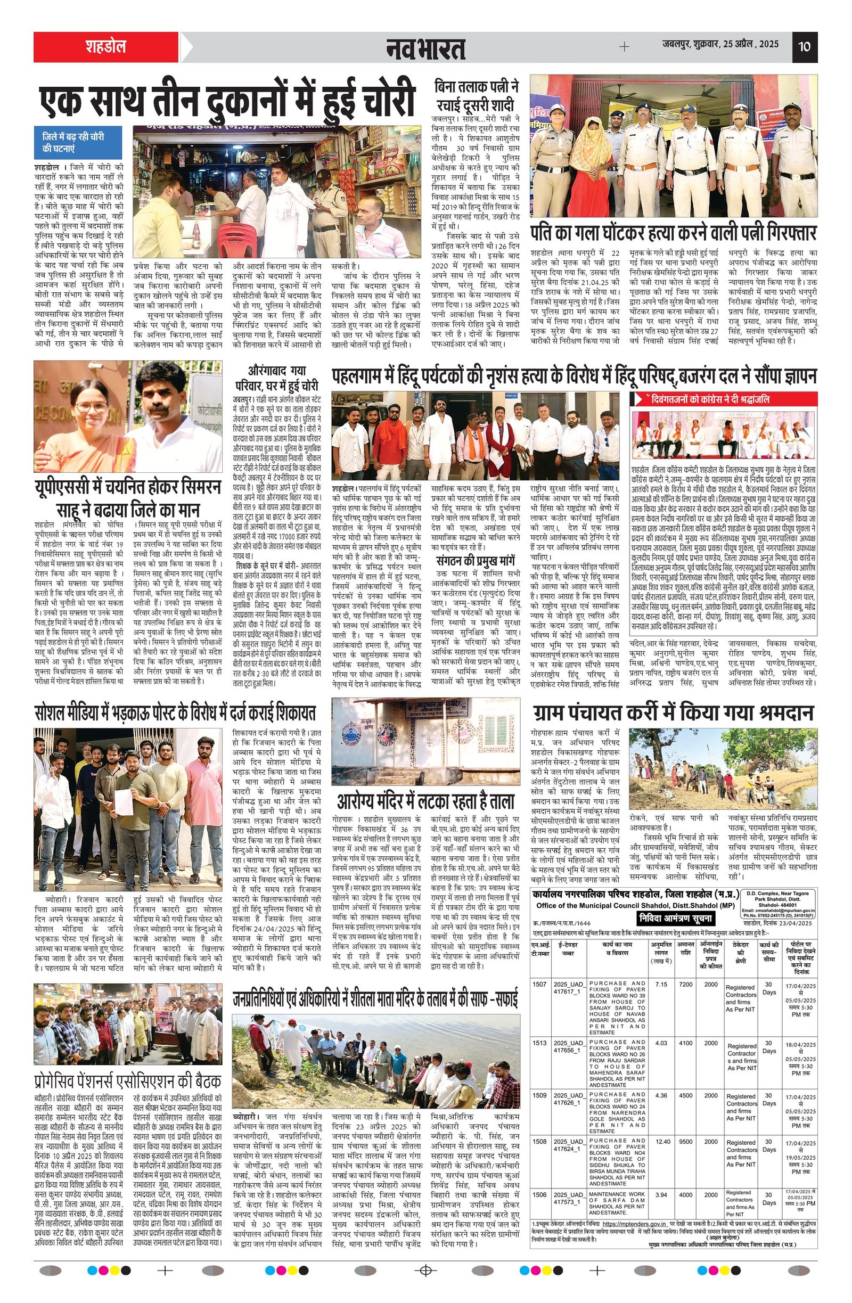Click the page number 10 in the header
tap(804, 46)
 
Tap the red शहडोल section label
tap(105, 46)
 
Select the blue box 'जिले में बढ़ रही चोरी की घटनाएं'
tap(77, 142)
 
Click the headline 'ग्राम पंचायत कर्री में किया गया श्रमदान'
tap(673, 714)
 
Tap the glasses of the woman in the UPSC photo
tap(92, 407)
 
